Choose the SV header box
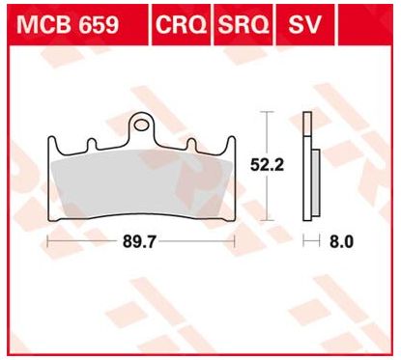(x=301, y=23)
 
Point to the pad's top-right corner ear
(x=231, y=142)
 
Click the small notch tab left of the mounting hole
(x=92, y=146)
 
